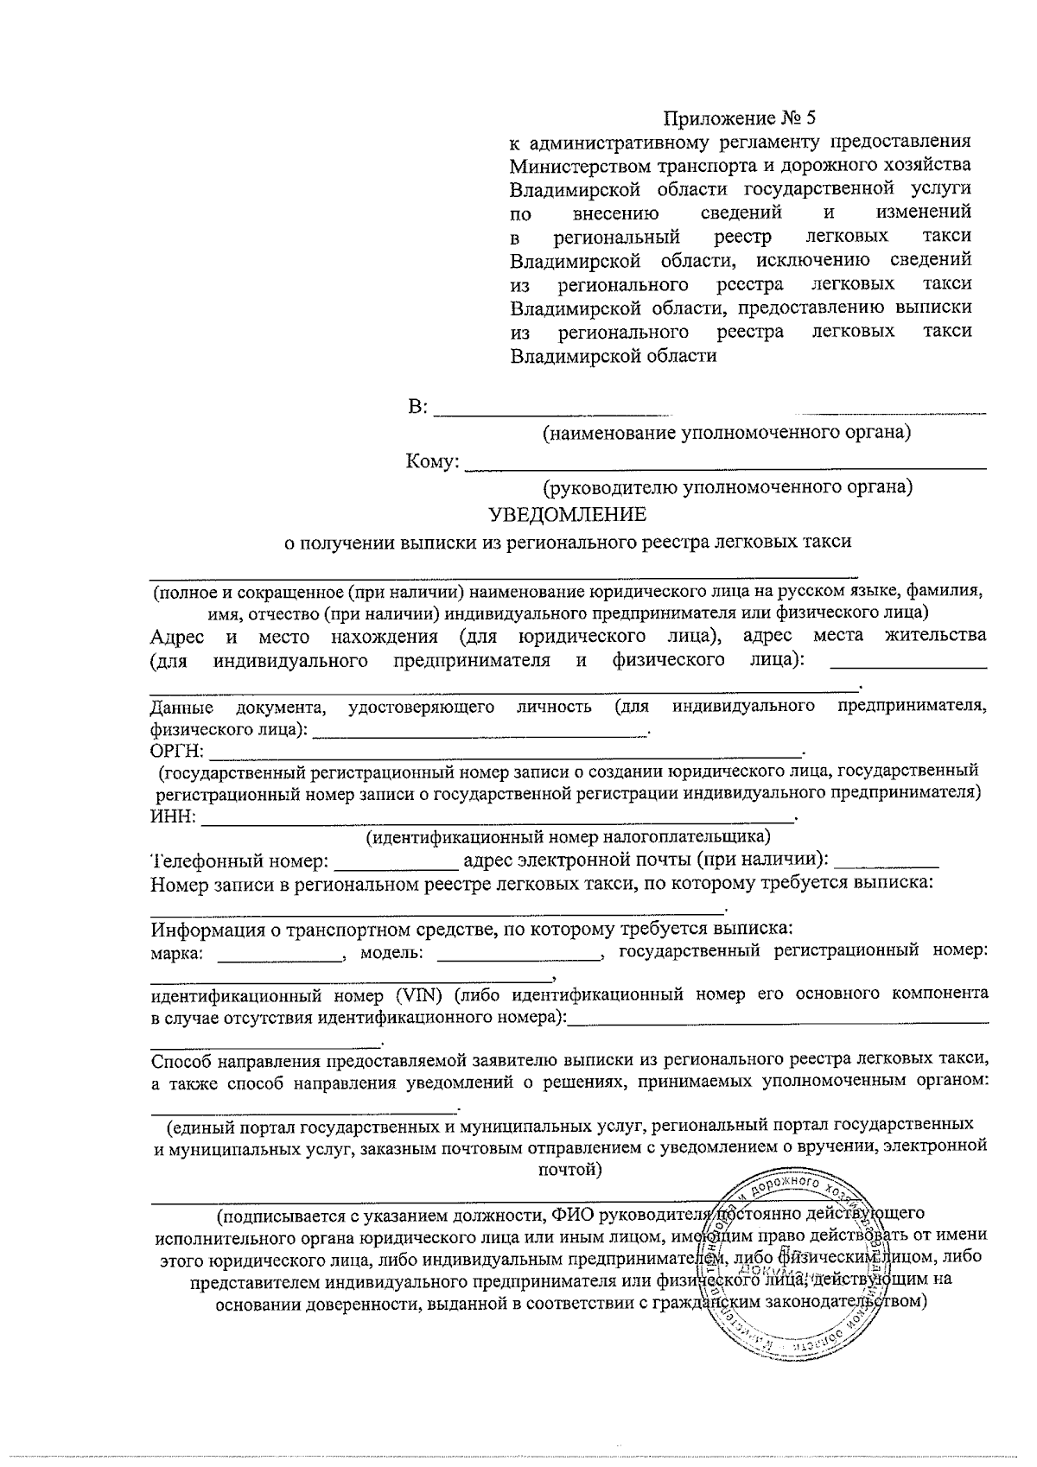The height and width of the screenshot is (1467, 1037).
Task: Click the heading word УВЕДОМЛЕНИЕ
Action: (568, 516)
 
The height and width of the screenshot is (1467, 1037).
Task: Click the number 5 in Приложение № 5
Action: (809, 118)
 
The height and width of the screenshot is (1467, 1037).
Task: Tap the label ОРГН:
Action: (176, 751)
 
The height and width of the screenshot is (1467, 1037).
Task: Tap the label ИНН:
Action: (173, 817)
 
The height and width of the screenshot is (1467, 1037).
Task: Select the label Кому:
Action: (431, 463)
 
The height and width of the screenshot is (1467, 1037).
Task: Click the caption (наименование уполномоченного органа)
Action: (726, 432)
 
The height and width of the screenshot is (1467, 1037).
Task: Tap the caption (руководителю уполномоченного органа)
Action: (727, 487)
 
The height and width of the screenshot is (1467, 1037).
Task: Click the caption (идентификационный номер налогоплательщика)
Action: (568, 837)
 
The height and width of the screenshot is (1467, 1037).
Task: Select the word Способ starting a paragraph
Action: (180, 1059)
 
